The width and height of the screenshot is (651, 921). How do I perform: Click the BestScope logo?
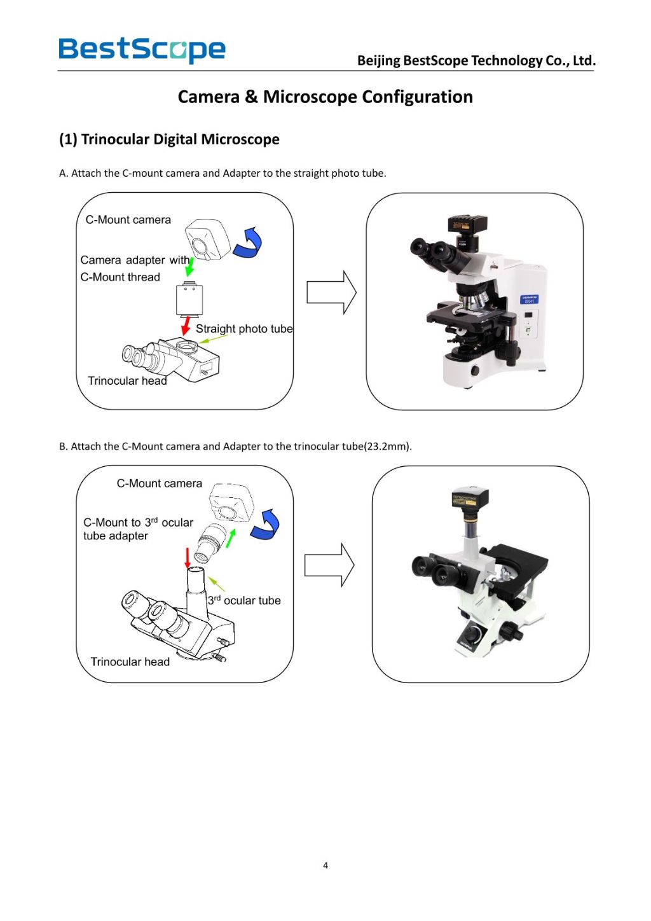(142, 50)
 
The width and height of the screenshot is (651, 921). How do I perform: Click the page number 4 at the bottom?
(325, 865)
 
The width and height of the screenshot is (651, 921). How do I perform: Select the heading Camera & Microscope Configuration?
(325, 97)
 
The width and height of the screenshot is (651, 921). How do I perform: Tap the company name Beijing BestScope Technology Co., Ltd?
(476, 60)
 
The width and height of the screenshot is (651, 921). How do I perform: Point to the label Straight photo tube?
(244, 329)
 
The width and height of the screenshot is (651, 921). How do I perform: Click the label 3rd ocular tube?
(244, 600)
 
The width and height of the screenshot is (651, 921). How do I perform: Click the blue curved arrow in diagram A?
(249, 243)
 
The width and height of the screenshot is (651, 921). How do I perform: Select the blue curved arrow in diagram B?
(266, 525)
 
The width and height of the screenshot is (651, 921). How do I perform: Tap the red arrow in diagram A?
(186, 326)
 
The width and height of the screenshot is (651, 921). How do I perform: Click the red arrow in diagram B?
(187, 557)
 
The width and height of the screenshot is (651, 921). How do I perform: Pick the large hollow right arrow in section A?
(331, 293)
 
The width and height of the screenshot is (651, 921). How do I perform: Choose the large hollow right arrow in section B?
(329, 565)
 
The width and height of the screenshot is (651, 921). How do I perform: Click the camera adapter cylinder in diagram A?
(189, 300)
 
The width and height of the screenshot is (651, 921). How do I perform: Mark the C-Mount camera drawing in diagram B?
(232, 502)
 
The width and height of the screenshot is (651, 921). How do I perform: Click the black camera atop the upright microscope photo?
(467, 226)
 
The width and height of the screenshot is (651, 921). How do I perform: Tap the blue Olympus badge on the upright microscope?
(529, 299)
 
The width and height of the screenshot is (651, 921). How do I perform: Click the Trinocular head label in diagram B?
(130, 661)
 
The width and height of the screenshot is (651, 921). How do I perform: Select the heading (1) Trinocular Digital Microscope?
(169, 139)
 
